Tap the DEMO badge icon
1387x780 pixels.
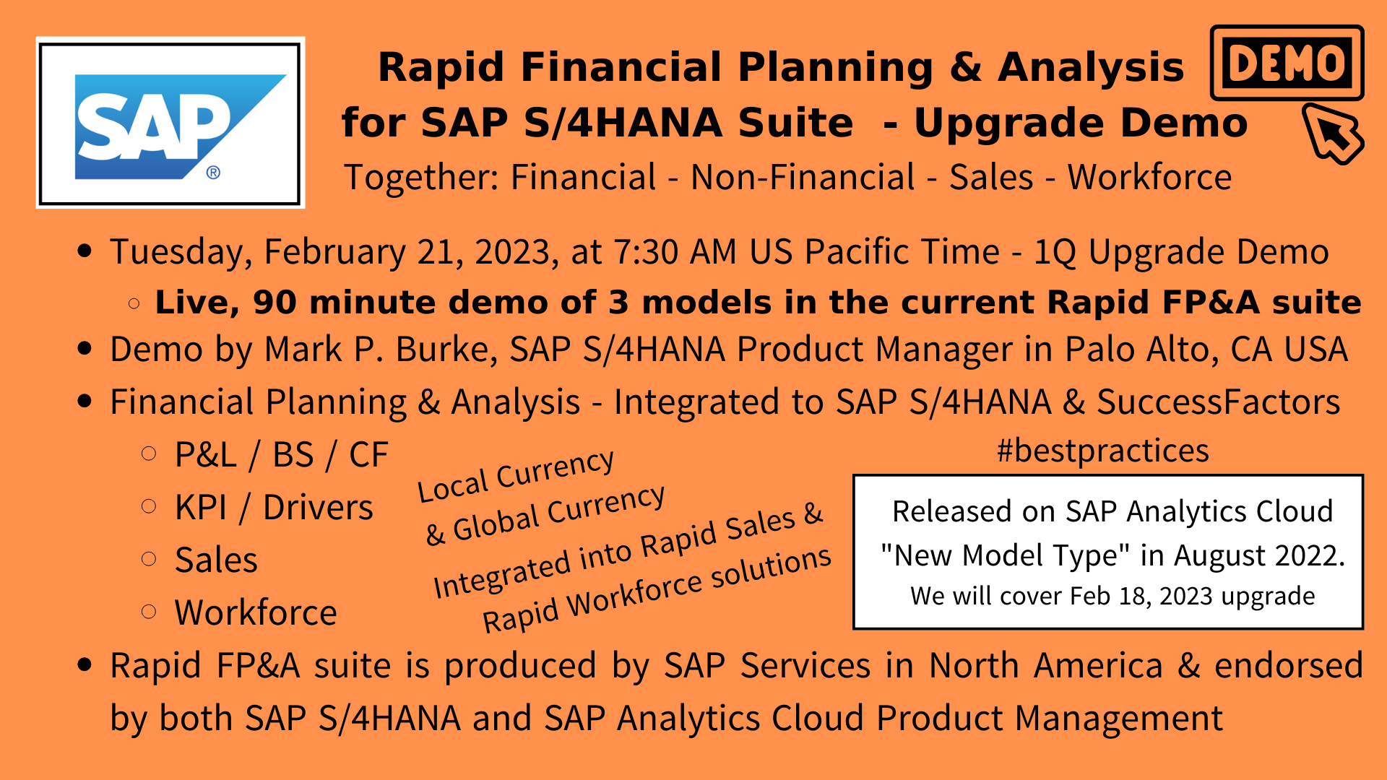tap(1287, 63)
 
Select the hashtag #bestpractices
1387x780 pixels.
tap(1102, 451)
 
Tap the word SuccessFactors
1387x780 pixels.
tap(1218, 402)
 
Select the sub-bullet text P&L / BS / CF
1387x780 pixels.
tap(282, 455)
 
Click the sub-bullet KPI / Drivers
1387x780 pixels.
tap(274, 507)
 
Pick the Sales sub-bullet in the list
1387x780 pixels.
tap(216, 560)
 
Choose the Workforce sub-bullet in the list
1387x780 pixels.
tap(256, 612)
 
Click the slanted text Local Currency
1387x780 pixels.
tap(516, 474)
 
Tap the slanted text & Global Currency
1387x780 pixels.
tap(545, 514)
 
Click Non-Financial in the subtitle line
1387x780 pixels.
tap(803, 177)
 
